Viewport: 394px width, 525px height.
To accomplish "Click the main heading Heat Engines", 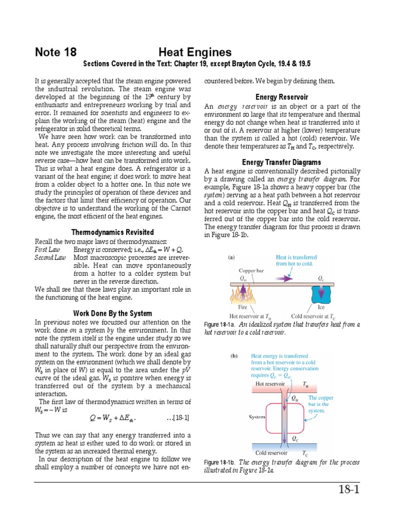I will pyautogui.click(x=195, y=52).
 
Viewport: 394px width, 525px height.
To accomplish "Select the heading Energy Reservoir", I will pyautogui.click(x=282, y=97).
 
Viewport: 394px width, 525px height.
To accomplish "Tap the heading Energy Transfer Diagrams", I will pyautogui.click(x=282, y=163).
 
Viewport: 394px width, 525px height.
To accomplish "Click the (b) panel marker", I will pyautogui.click(x=234, y=356).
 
